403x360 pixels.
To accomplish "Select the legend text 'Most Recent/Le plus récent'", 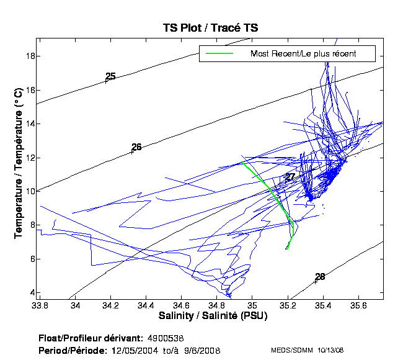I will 303,54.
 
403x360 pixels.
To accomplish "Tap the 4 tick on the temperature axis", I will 30,292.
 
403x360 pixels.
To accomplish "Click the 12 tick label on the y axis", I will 29,158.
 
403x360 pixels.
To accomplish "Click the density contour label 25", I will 110,76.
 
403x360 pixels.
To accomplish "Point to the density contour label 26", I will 136,147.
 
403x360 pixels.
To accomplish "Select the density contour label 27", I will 290,177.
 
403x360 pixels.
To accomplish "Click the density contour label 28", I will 320,277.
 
